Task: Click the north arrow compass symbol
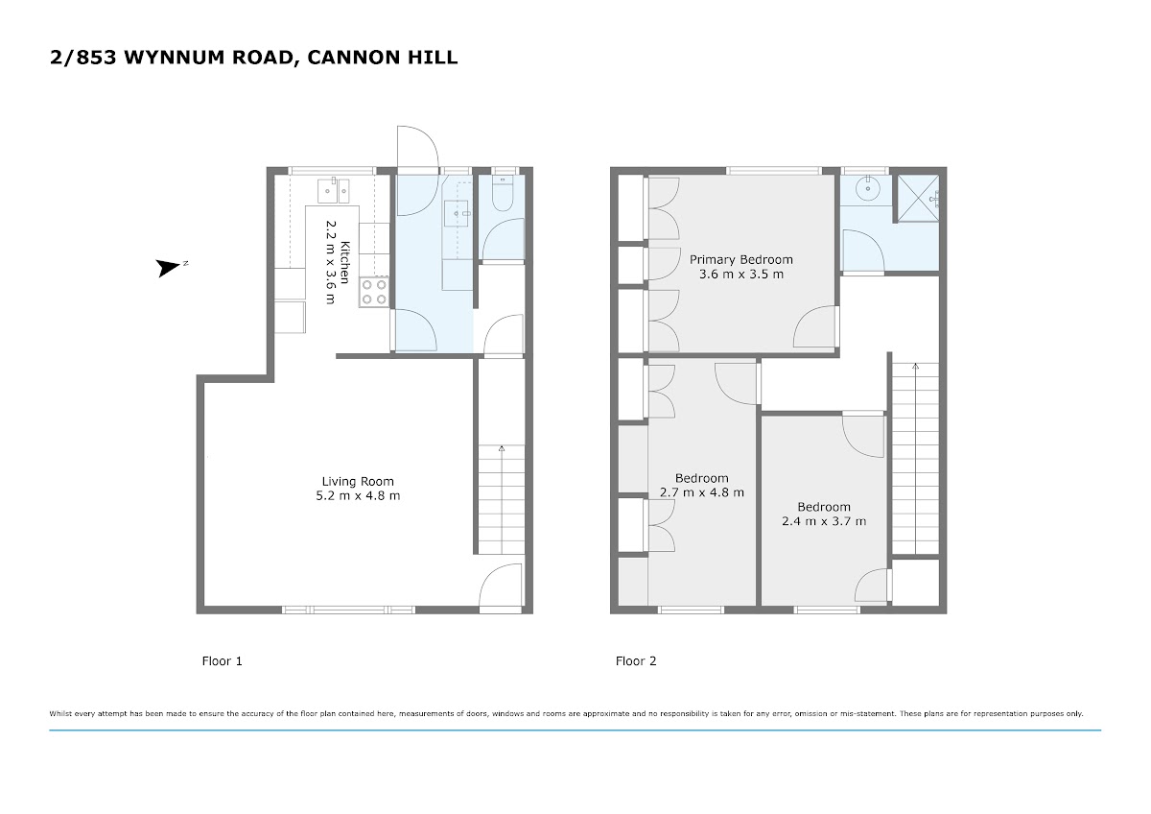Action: click(169, 268)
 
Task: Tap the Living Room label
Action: click(358, 481)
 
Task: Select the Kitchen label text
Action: click(344, 262)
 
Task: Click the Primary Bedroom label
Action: click(740, 260)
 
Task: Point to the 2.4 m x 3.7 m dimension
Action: click(824, 521)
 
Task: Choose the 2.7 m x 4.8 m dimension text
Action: click(701, 492)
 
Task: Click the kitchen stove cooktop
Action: click(374, 292)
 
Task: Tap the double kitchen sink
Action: click(333, 190)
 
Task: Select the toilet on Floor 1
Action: click(502, 194)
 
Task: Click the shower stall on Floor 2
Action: click(918, 199)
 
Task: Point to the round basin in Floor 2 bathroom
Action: click(868, 189)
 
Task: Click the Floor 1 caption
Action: click(222, 661)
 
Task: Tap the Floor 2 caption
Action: click(636, 661)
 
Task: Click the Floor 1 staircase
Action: click(502, 499)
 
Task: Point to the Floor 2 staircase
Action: click(915, 458)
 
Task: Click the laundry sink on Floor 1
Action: click(457, 213)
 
